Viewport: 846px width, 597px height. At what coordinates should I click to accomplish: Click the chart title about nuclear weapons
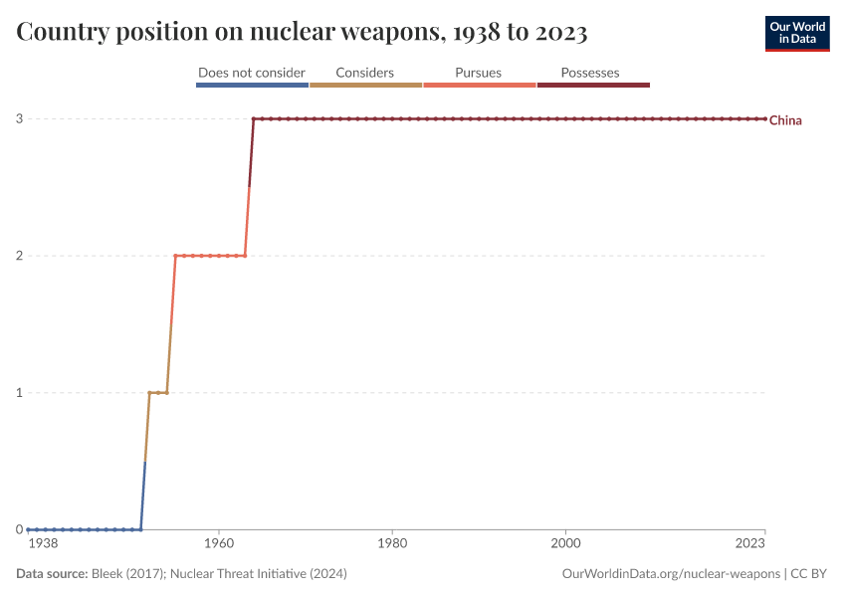click(302, 33)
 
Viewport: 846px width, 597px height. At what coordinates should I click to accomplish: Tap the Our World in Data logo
click(797, 33)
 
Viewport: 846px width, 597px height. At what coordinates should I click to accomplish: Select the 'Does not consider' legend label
click(252, 73)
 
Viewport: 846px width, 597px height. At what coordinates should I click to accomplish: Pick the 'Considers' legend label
click(365, 73)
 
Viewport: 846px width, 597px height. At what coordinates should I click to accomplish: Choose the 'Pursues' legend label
click(479, 73)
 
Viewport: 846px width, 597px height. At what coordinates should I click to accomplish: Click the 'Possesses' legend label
click(590, 73)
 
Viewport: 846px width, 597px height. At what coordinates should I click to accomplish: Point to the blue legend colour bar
click(252, 86)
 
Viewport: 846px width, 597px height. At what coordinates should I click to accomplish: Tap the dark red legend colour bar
click(593, 86)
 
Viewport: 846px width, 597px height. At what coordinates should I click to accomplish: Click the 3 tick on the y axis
click(19, 119)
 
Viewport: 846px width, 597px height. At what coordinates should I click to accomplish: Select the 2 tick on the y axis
click(19, 256)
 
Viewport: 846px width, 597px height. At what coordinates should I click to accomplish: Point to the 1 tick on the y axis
click(19, 393)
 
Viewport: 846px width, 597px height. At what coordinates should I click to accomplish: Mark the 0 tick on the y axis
click(19, 529)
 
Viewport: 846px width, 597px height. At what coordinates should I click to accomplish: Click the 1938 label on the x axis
click(43, 545)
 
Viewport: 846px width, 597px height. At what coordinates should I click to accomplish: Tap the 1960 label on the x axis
click(218, 545)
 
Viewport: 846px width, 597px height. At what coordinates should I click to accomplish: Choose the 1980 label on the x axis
click(392, 545)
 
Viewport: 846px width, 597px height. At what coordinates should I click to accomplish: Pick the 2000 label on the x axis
click(566, 545)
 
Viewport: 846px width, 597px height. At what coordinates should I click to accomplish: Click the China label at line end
click(785, 120)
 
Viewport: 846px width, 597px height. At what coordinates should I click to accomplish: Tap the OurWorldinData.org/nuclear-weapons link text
click(671, 574)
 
